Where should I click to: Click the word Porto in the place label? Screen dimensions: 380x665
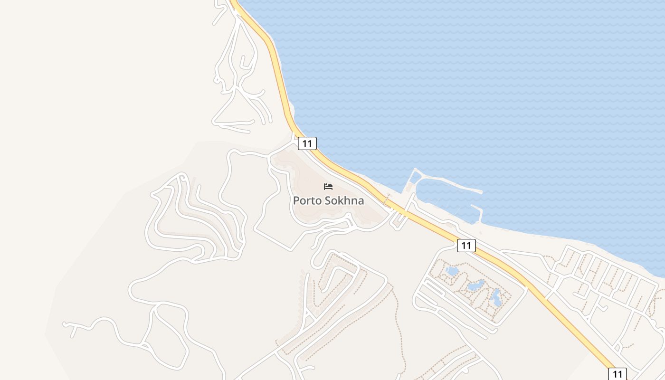(x=304, y=200)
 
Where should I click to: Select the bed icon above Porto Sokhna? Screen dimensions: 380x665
(x=328, y=186)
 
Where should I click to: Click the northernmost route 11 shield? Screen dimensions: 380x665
(x=307, y=143)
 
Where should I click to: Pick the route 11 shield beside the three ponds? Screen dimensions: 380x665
(x=466, y=246)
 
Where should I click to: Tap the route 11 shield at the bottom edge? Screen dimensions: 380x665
(x=617, y=373)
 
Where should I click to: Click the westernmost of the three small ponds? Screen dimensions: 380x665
(x=452, y=271)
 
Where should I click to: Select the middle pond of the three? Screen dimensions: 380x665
(x=475, y=285)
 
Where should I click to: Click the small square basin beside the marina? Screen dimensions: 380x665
(x=416, y=177)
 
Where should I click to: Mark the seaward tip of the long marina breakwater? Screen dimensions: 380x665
(x=481, y=192)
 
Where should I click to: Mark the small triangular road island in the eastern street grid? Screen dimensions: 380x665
(x=617, y=347)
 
